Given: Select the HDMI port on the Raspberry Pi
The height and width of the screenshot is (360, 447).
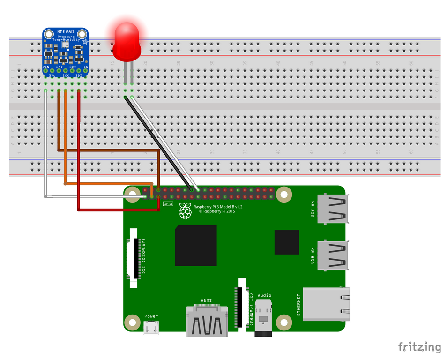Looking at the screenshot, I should pos(206,321).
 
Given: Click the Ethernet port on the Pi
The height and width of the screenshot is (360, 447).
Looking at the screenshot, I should pos(326,304).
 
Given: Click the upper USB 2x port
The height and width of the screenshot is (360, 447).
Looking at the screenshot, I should pos(333,209).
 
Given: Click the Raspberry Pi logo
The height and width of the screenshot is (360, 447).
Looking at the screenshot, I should pos(186,211).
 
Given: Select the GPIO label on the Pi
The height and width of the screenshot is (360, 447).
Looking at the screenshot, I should pos(168,204).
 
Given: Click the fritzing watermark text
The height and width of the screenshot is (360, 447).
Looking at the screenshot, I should pos(419,347).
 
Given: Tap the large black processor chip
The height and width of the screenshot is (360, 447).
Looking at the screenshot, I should pos(196,246).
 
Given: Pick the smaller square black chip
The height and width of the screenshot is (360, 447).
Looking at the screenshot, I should pos(287,242).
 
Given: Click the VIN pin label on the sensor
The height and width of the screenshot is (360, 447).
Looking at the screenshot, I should pos(46,67).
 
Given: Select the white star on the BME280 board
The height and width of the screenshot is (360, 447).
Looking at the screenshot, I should pos(85,42).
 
